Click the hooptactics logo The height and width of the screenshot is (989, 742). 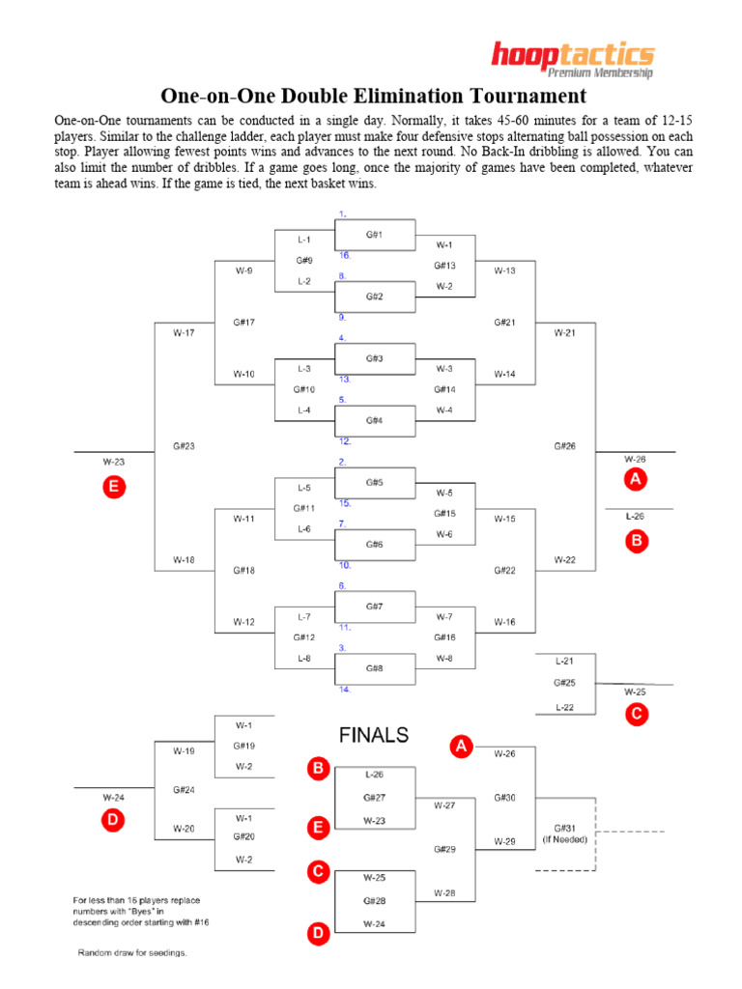572,57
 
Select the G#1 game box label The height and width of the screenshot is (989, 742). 374,235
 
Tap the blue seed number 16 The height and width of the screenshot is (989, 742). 345,255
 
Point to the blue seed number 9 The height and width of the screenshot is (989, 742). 342,317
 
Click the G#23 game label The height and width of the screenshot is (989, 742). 184,446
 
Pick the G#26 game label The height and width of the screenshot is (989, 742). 565,446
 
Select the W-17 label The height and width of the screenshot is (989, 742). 184,333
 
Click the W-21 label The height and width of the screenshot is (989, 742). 565,333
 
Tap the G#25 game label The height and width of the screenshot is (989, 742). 565,683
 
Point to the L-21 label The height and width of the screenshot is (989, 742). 565,661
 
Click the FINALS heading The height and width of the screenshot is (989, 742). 374,735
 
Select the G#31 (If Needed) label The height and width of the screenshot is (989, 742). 565,833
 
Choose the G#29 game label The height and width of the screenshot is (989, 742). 444,849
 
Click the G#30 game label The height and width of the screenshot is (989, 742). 504,798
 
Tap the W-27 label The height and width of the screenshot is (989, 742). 444,805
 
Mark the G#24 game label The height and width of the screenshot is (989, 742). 184,789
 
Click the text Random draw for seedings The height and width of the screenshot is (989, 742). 132,952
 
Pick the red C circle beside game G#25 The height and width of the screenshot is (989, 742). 636,715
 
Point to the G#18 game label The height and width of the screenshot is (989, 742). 243,570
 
